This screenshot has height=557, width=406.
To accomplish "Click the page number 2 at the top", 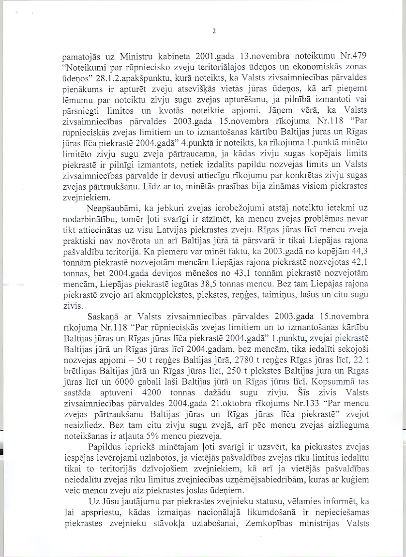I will [x=213, y=32].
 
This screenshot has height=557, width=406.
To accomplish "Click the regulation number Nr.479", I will [x=344, y=54].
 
